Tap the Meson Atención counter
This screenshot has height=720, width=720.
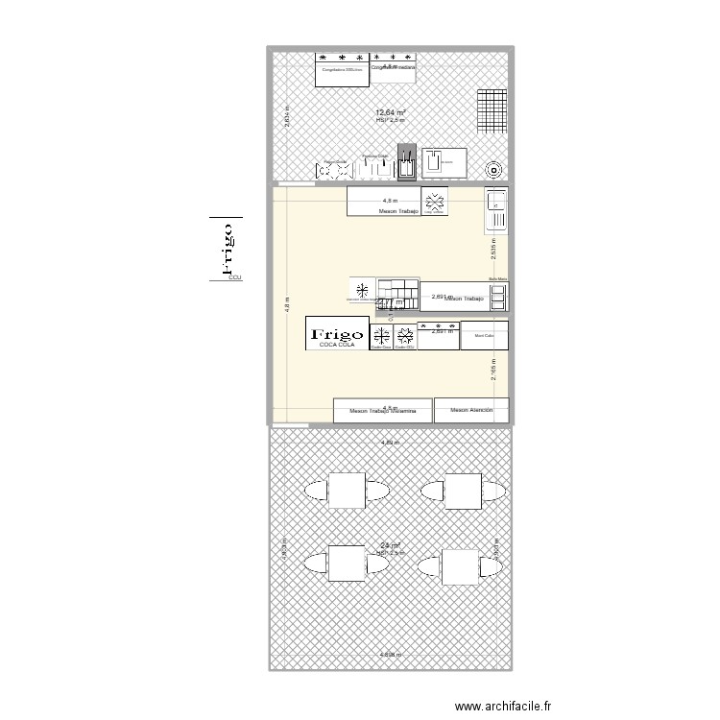469,411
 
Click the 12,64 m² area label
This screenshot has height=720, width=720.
390,112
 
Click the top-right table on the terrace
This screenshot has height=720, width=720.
462,491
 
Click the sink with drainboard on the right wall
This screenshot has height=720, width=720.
496,210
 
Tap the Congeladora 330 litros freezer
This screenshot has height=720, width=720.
341,70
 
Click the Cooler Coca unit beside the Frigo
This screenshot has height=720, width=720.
381,337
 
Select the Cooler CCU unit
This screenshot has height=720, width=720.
405,337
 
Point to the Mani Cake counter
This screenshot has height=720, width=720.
483,336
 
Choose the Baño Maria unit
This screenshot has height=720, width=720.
497,297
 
